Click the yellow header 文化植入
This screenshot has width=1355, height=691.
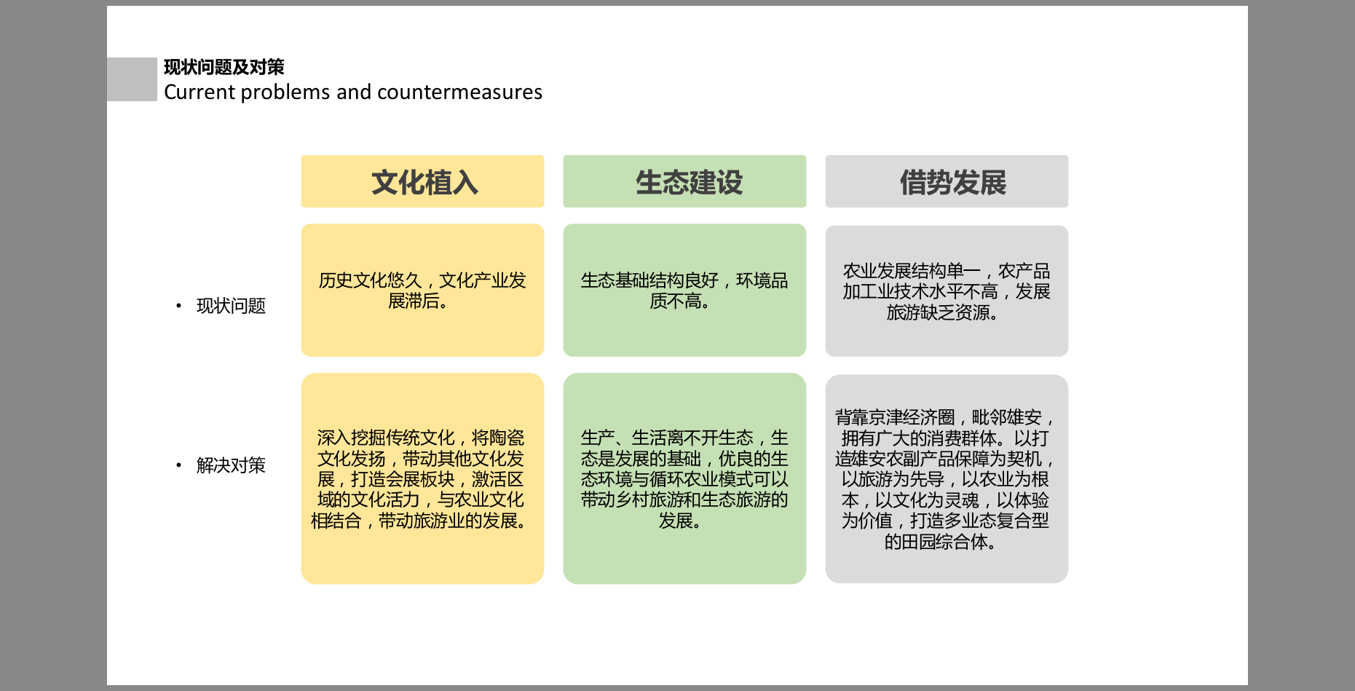point(422,181)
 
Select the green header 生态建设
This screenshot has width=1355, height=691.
point(684,181)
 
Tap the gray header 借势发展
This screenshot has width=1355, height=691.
point(947,181)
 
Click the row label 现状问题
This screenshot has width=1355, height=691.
point(231,306)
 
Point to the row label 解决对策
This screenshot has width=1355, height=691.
point(231,465)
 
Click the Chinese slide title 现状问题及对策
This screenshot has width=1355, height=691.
point(224,67)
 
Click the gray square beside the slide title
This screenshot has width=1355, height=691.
point(132,79)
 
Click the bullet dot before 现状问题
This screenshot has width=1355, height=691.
point(178,306)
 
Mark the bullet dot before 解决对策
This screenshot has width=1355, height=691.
point(178,465)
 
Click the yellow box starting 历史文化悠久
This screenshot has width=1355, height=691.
point(422,290)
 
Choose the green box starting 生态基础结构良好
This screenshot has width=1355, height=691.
point(684,290)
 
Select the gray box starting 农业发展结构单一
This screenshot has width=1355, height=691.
point(947,291)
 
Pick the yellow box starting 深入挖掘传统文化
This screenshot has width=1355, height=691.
point(422,478)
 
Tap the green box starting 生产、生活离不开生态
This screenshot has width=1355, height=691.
point(684,478)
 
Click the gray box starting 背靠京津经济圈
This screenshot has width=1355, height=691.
point(947,478)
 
